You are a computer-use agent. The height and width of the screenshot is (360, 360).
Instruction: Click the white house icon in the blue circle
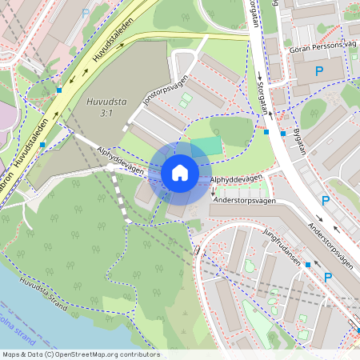[180, 172]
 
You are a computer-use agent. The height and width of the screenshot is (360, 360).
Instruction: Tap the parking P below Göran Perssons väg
[318, 72]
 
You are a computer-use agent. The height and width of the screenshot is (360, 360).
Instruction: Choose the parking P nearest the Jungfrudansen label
[327, 277]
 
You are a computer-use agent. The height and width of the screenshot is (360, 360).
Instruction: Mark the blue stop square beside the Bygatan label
[282, 133]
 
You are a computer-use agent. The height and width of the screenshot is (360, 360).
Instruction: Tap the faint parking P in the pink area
[86, 14]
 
